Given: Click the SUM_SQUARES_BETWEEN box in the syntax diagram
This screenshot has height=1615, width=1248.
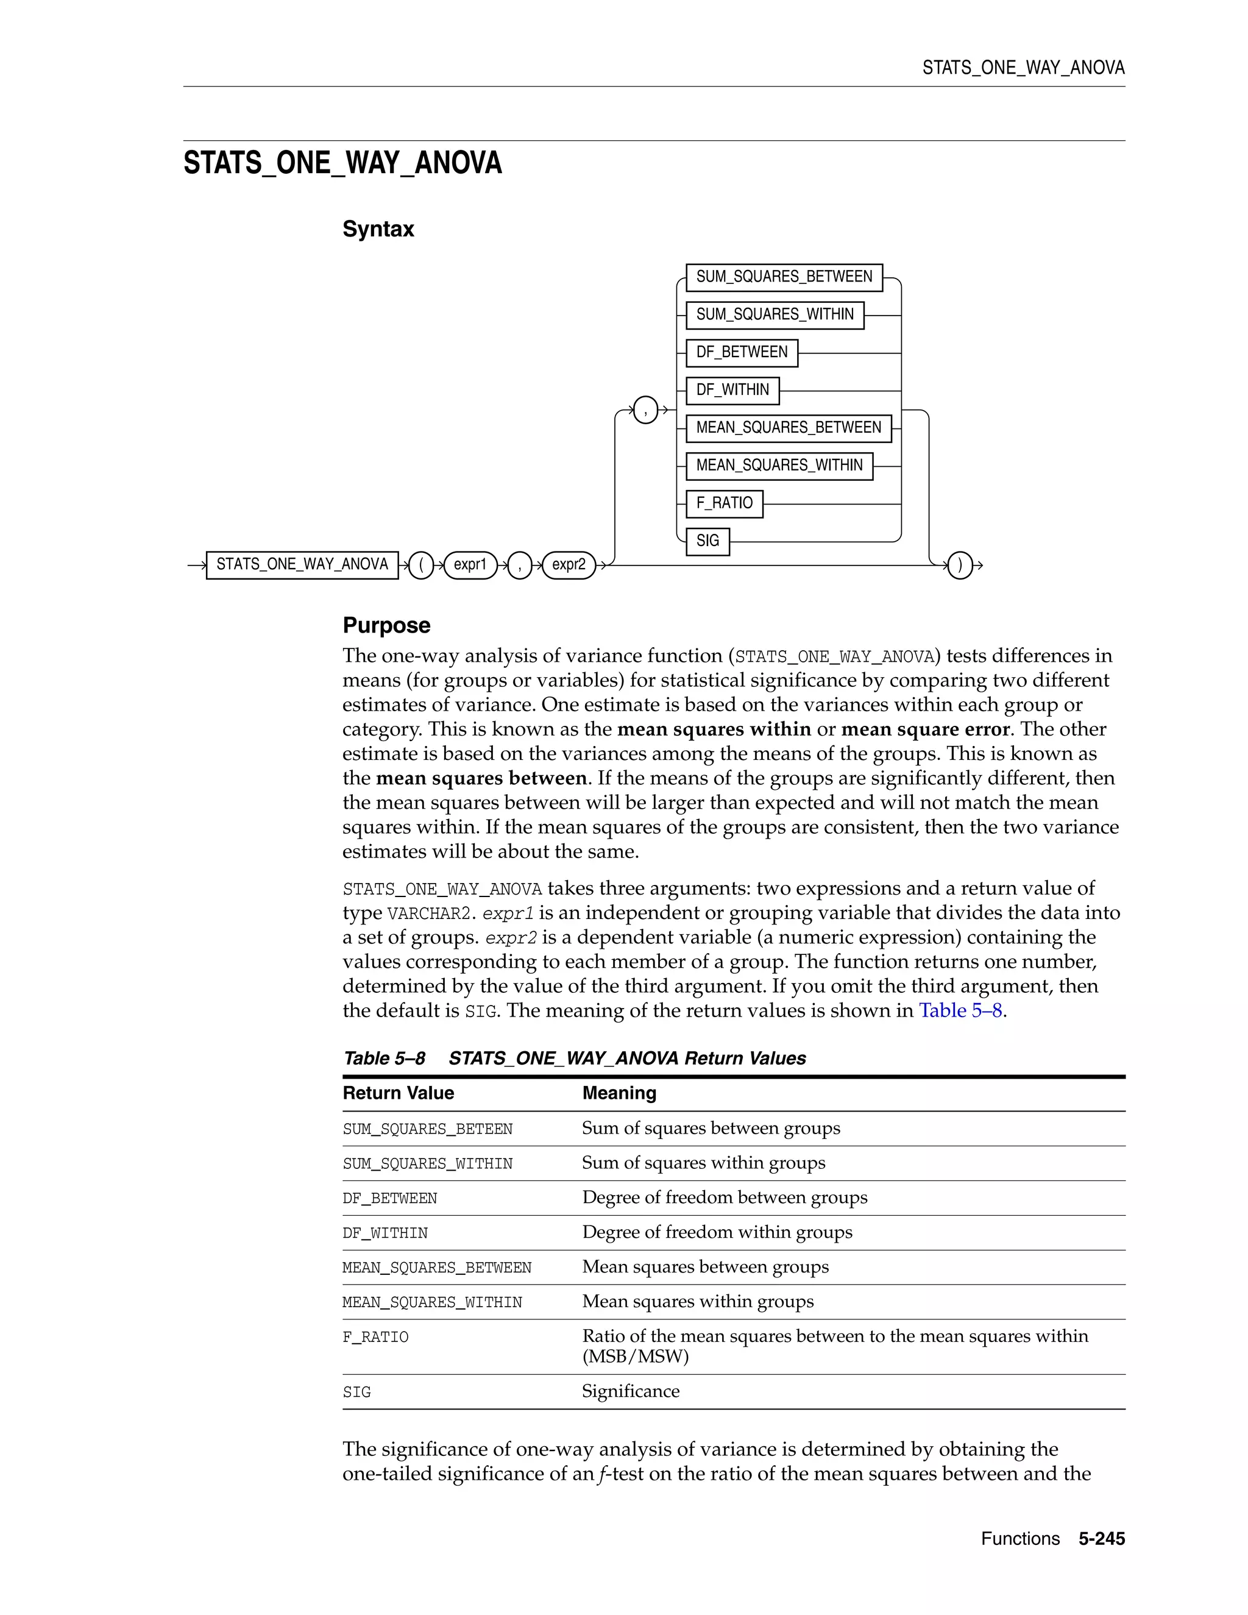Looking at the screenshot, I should pos(784,277).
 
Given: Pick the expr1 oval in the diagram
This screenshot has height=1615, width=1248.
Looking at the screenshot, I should pos(470,565).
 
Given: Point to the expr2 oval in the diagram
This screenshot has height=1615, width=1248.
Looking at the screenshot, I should pos(569,565).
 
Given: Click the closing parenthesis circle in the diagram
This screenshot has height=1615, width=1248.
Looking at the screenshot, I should pos(960,566).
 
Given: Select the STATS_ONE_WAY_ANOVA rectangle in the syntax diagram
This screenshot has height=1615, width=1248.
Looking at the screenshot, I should pos(302,565).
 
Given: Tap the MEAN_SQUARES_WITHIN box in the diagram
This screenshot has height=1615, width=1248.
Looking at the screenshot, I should pos(779,466).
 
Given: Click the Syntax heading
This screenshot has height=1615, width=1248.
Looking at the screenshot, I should pos(378,229).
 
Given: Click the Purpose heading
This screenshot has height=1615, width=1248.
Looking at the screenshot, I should pos(386,626).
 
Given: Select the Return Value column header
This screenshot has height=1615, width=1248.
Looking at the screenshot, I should pos(398,1093).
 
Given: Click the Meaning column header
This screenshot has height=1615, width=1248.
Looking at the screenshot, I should pos(619,1093).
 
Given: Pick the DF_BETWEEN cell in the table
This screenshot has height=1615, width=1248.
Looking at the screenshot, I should pos(389,1198).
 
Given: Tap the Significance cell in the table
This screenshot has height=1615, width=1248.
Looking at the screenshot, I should pos(630,1391).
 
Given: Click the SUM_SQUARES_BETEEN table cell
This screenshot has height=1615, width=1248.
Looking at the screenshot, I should pos(427,1129).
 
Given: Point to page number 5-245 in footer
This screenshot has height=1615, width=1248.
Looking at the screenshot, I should pos(1101,1539).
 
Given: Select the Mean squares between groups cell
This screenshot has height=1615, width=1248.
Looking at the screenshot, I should pos(704,1267).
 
